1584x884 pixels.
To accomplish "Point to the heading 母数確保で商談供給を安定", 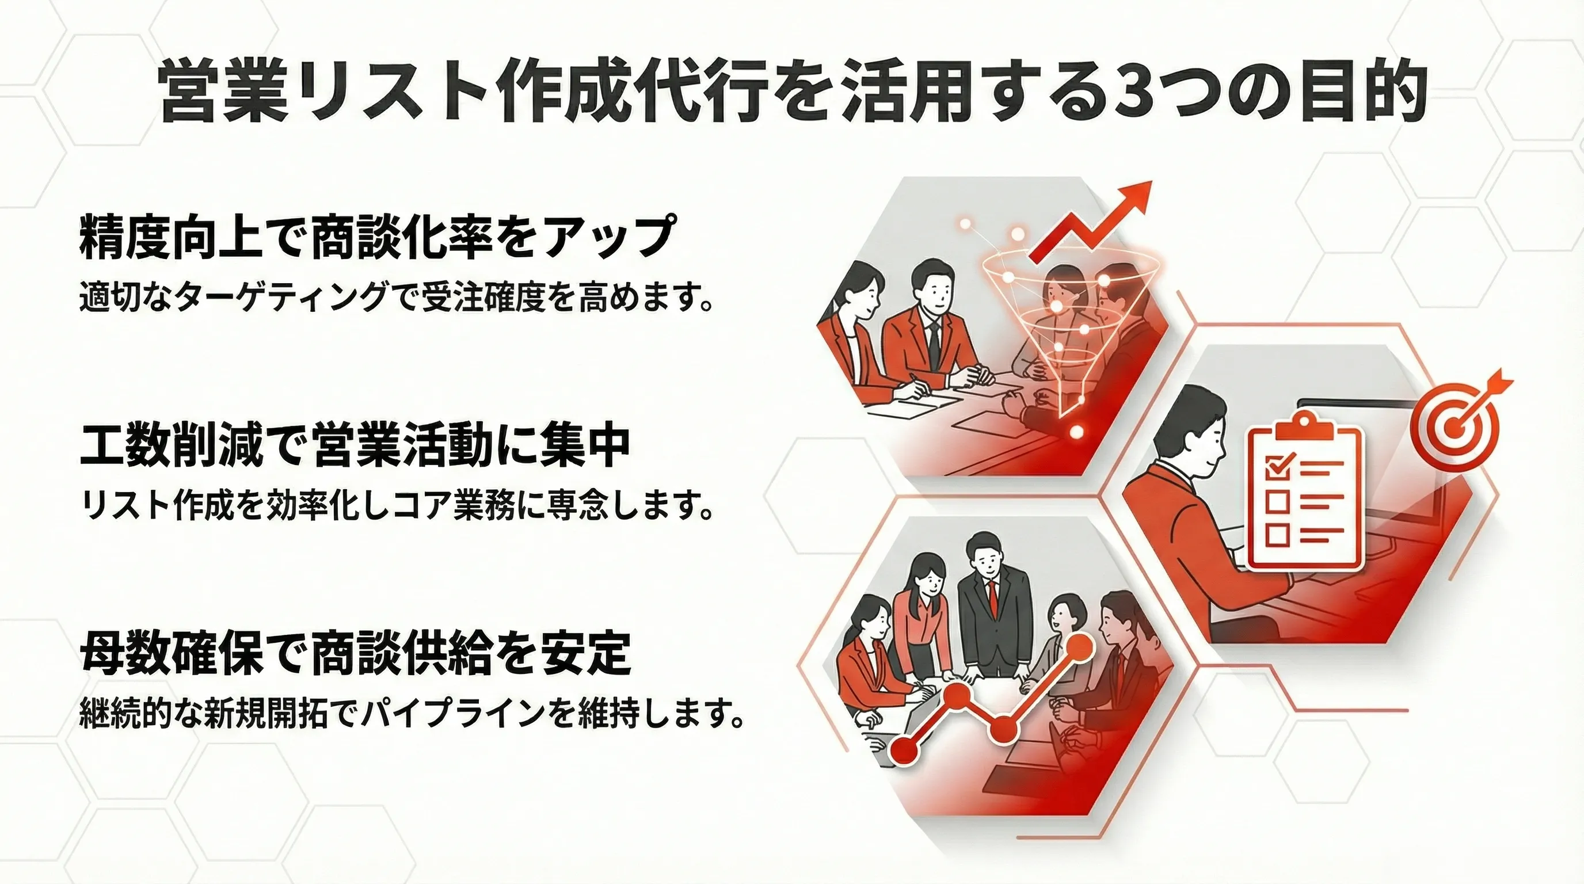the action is tap(355, 654).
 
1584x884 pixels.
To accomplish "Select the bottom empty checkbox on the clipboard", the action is tap(1277, 535).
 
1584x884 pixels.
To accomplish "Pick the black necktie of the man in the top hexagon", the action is tap(934, 342).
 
